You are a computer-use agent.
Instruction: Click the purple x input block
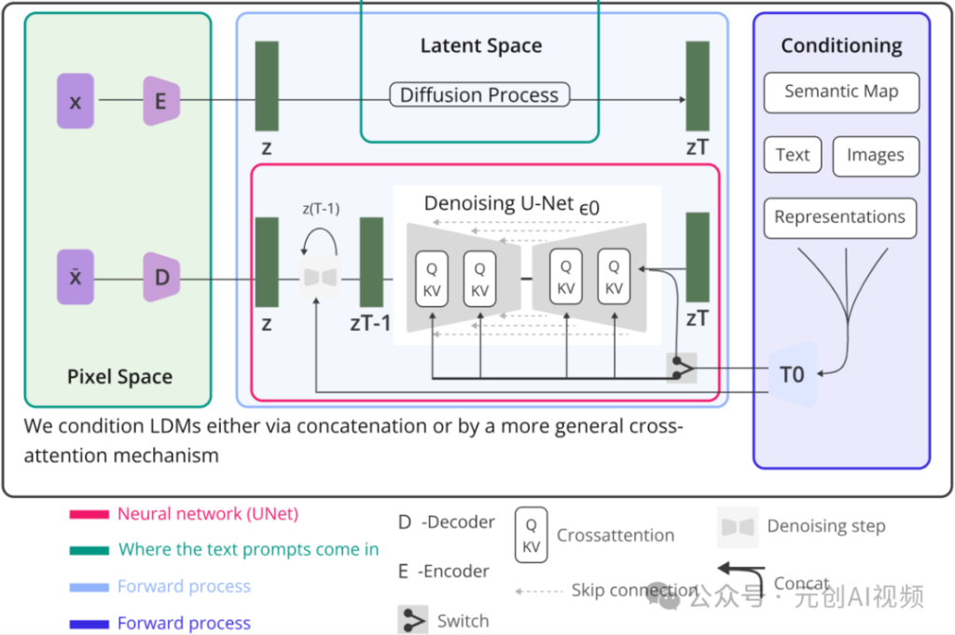[x=76, y=101]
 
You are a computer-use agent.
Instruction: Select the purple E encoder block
[x=161, y=101]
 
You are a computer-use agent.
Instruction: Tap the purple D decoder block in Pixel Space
[x=161, y=277]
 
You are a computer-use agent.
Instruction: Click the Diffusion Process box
[x=479, y=94]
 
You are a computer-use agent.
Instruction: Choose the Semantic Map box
[x=841, y=92]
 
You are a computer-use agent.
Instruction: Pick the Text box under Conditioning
[x=793, y=155]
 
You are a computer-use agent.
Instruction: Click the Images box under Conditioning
[x=875, y=156]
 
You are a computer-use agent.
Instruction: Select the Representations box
[x=840, y=217]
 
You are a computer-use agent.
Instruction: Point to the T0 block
[x=792, y=375]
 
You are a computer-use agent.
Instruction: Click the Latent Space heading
[x=481, y=46]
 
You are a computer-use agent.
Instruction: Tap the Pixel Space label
[x=119, y=377]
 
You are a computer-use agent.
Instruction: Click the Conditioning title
[x=841, y=46]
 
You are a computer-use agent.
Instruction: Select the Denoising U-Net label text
[x=499, y=203]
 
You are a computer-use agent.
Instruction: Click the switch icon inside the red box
[x=682, y=367]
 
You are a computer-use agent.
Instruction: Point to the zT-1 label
[x=370, y=324]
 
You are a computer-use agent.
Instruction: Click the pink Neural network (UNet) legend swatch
[x=90, y=515]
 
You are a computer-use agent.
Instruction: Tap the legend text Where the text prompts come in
[x=248, y=549]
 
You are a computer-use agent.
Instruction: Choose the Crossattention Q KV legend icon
[x=531, y=535]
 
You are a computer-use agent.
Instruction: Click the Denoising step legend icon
[x=738, y=527]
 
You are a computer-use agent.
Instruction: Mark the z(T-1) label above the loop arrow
[x=321, y=209]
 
